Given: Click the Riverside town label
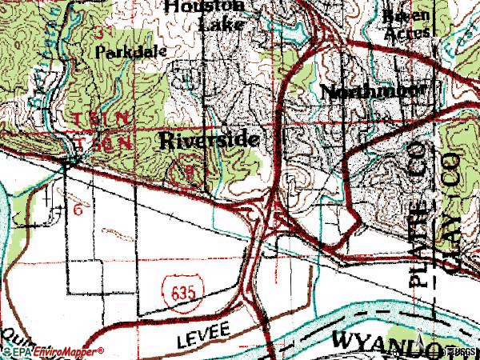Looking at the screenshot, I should (210, 142).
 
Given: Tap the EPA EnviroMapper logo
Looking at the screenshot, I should (53, 351).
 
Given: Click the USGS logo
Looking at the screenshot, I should (462, 351).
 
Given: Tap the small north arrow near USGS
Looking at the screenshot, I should (439, 350).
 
